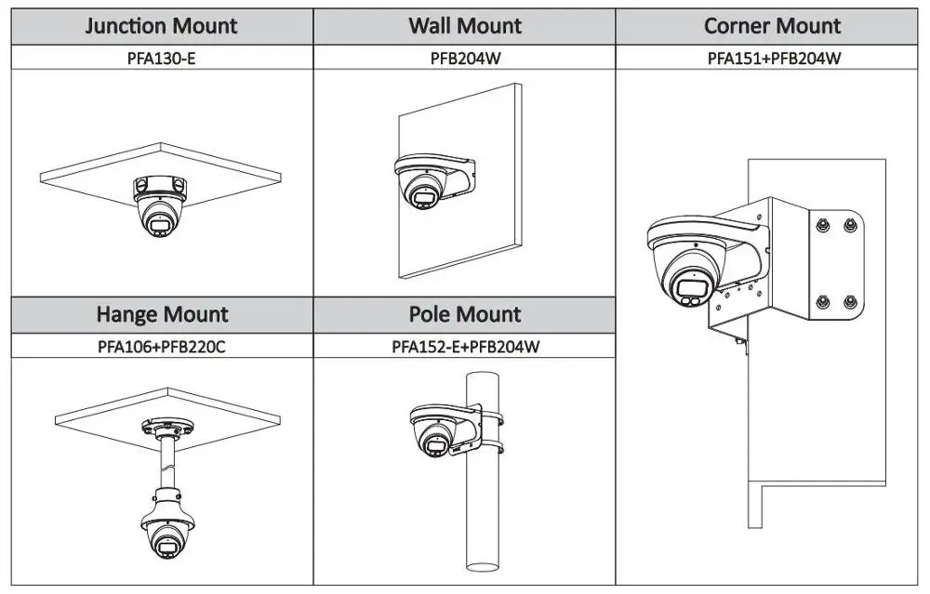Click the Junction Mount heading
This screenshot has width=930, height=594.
162,26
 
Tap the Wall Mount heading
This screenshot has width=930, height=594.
464,26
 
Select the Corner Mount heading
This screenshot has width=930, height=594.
772,26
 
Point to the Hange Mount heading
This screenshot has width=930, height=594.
162,315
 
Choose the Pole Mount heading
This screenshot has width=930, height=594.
464,315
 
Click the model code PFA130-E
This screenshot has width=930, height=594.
162,59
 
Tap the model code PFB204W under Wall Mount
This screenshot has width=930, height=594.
464,59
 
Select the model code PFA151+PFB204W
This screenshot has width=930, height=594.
774,59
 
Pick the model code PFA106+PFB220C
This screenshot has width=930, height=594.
162,347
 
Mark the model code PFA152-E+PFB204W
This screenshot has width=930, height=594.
465,347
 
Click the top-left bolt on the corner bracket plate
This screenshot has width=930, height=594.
822,225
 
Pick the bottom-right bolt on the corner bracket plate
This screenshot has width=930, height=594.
849,301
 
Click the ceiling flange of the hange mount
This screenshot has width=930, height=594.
167,429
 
